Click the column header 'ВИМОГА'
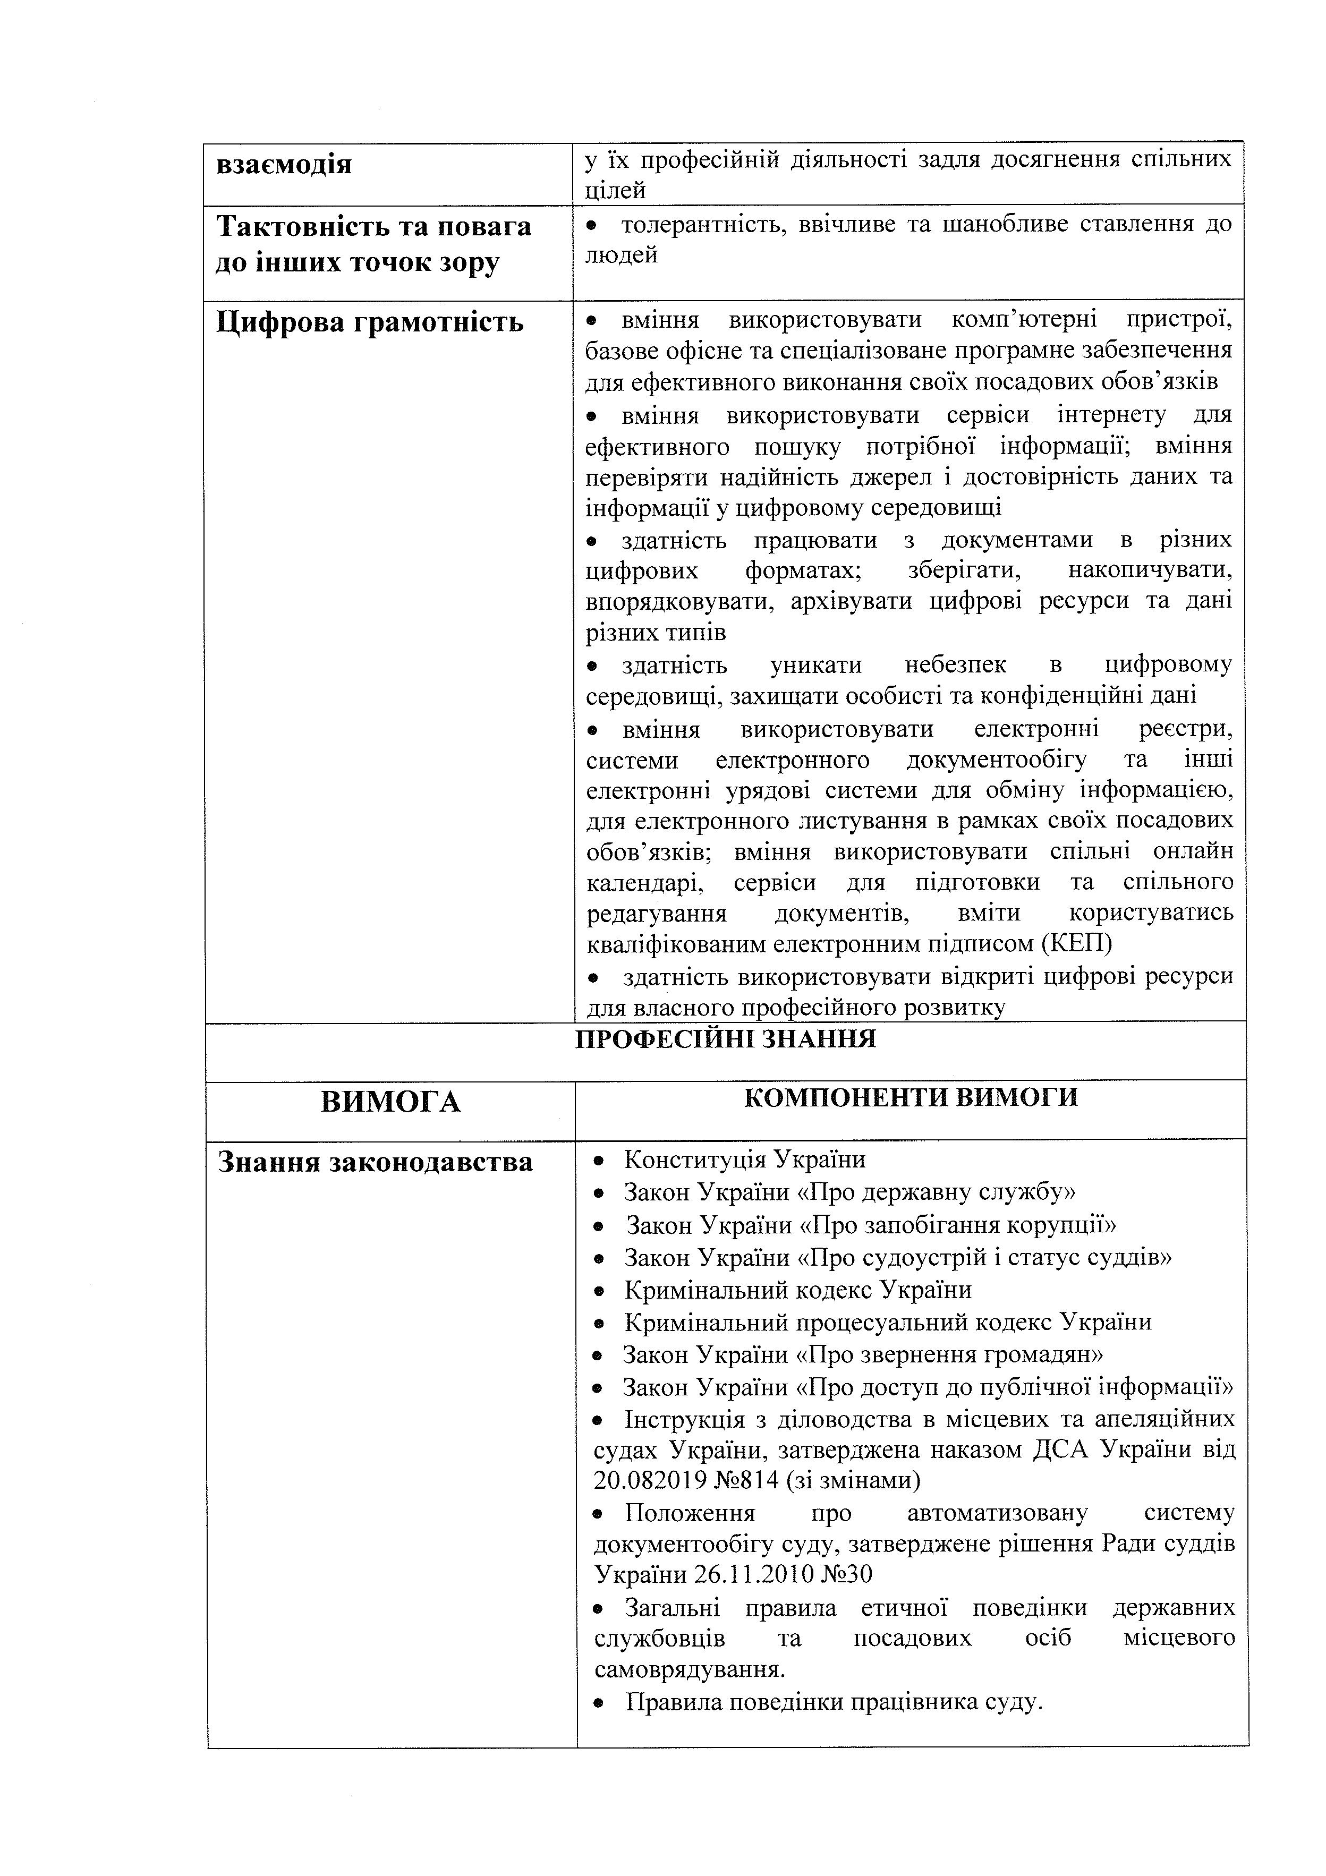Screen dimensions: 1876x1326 (390, 1102)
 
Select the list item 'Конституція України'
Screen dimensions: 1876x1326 (744, 1159)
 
